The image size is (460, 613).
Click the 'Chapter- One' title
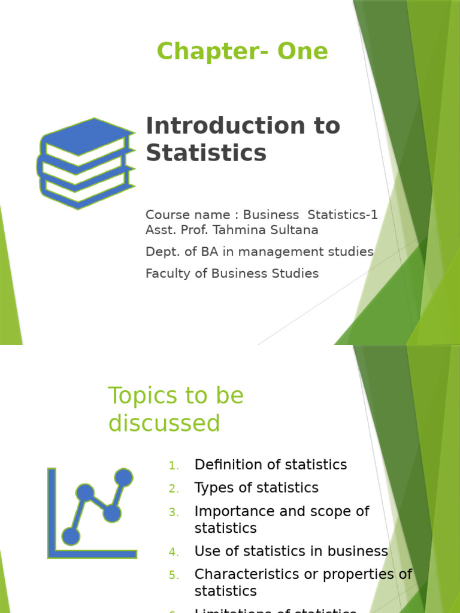242,51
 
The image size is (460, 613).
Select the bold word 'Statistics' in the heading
205,153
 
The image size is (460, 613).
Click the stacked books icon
86,163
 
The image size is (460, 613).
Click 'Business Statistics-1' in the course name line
310,215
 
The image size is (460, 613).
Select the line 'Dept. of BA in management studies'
259,252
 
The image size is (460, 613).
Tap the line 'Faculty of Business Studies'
232,274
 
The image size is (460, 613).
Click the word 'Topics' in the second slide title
142,396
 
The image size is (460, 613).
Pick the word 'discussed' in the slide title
164,424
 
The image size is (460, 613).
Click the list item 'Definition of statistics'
270,465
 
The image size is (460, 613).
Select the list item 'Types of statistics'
256,488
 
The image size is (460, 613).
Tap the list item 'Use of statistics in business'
291,551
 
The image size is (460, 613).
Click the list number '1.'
174,466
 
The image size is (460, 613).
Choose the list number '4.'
174,552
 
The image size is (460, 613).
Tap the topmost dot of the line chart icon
123,477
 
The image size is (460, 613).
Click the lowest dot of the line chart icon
71,536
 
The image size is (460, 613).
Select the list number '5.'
174,575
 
